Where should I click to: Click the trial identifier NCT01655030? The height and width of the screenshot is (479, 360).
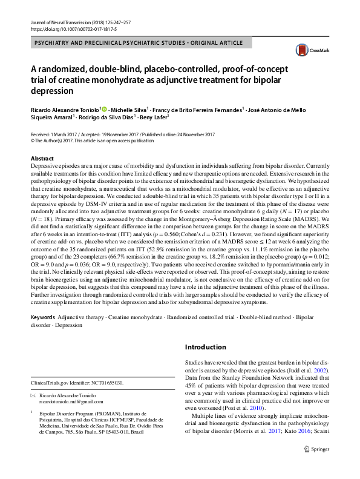tap(105, 383)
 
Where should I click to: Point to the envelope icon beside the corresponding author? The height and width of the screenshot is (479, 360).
tap(33, 395)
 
